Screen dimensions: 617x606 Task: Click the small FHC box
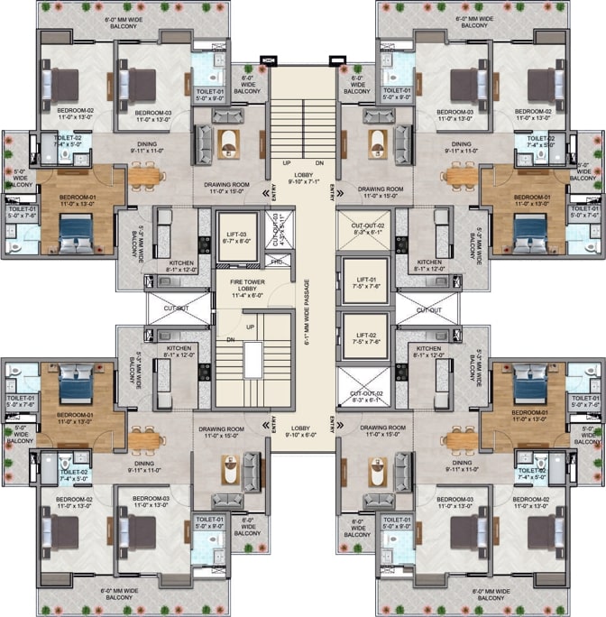276,261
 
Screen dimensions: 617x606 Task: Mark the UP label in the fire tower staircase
249,326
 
